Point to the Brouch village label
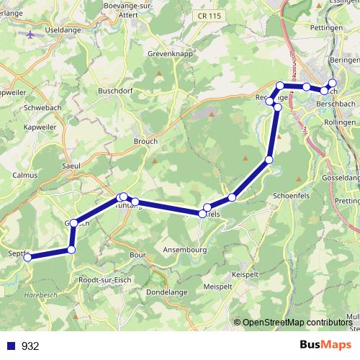click(145, 142)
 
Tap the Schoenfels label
click(292, 195)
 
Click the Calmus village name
click(25, 175)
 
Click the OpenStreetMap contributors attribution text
click(296, 323)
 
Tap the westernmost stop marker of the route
click(27, 257)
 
